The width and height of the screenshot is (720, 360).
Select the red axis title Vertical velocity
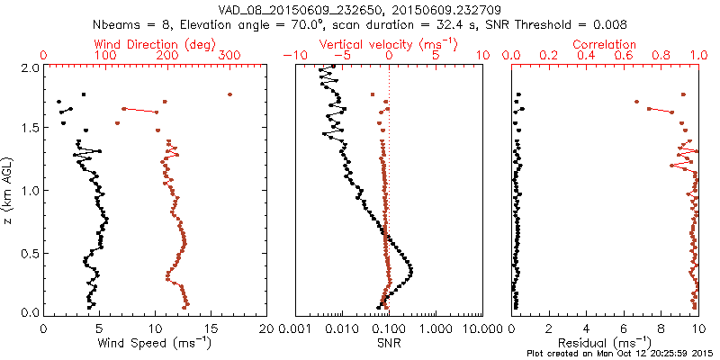(x=377, y=43)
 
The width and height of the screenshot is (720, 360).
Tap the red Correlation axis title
(x=606, y=43)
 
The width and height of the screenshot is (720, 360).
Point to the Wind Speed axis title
(x=155, y=343)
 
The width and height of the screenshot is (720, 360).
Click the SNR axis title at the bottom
(x=389, y=343)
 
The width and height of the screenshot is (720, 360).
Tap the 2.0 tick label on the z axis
(x=29, y=67)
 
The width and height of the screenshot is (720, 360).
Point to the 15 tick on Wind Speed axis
(x=211, y=328)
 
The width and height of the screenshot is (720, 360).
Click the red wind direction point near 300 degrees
(x=229, y=94)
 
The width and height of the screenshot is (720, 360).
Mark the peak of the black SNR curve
(x=411, y=270)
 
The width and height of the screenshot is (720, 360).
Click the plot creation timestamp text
(x=621, y=353)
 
